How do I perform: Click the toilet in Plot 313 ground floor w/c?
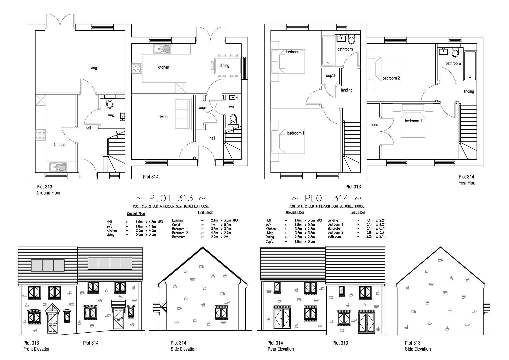pos(110,104)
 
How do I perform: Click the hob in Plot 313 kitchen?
pos(41,135)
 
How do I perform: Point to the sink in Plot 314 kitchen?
pos(162,49)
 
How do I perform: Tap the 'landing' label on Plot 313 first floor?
pos(347,90)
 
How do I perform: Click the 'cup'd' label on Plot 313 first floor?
pos(330,76)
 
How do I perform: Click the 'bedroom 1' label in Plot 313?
pos(296,133)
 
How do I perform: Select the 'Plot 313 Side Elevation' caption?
pos(418,346)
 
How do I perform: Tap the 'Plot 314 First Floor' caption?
pos(468,180)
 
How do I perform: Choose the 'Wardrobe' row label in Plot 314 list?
pos(334,229)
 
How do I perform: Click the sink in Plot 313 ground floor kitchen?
pos(57,166)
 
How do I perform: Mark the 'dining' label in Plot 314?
pos(224,66)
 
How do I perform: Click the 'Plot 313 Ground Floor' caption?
pos(49,190)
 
